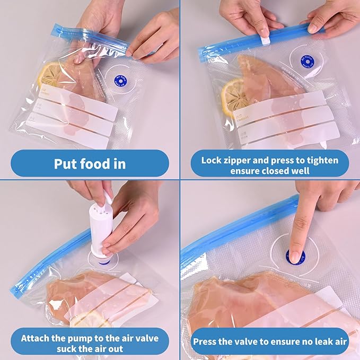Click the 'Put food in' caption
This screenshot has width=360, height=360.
click(x=90, y=163)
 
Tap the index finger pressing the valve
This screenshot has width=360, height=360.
click(x=301, y=228)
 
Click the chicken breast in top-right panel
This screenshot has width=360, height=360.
click(x=265, y=80)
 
